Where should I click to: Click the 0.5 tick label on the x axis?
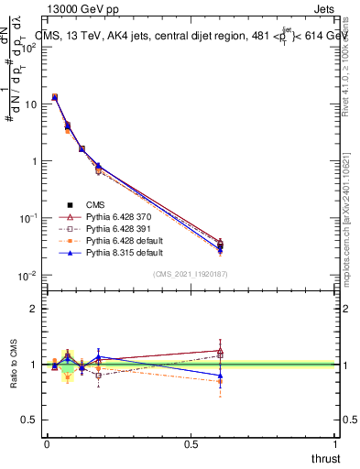coord(191,444)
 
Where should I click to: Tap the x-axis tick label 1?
coord(335,444)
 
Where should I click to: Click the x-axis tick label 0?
coord(47,444)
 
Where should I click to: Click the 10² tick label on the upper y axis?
coord(27,47)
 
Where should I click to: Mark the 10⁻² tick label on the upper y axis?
coord(27,275)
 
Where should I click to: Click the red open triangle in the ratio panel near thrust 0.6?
coord(220,351)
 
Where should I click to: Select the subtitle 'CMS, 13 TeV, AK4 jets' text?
coord(101,34)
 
